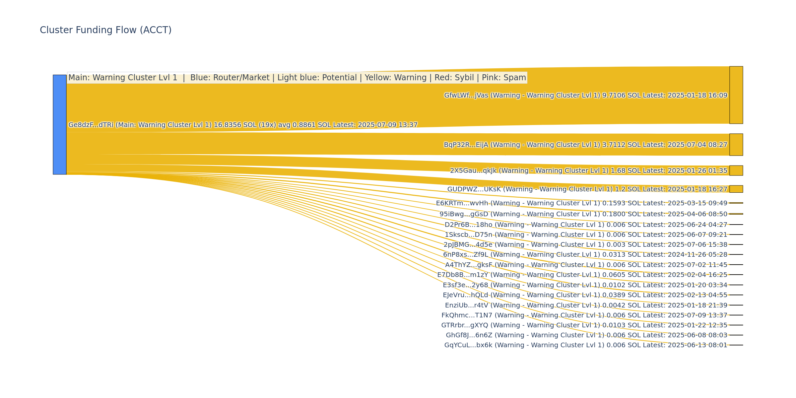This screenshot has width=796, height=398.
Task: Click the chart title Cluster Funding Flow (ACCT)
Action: point(105,30)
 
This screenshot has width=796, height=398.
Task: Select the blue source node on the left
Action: point(60,124)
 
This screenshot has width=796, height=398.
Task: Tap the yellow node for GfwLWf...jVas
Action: point(736,95)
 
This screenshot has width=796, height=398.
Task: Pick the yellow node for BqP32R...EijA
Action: point(736,145)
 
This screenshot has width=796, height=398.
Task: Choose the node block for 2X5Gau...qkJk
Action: point(736,170)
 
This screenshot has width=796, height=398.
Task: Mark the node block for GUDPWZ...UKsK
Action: point(736,189)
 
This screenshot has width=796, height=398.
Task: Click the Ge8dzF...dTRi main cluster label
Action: point(243,125)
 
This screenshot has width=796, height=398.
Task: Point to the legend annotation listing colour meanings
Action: point(297,78)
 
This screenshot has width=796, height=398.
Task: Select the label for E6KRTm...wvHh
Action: point(581,203)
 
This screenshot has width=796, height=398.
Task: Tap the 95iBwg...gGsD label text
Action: point(583,214)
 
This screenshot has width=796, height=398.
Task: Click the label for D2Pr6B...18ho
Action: point(586,225)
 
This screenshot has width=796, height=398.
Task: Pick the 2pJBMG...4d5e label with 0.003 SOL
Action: point(585,245)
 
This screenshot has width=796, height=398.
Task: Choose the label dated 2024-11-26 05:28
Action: point(585,255)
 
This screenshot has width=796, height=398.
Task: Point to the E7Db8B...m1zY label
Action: point(582,275)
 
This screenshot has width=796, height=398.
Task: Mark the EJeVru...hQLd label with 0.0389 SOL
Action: point(585,295)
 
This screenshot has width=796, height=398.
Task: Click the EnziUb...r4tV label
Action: point(586,305)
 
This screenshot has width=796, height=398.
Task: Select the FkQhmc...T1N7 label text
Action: point(584,315)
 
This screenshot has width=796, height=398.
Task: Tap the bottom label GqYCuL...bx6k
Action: point(586,345)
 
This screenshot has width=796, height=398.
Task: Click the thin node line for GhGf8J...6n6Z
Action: point(736,335)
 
